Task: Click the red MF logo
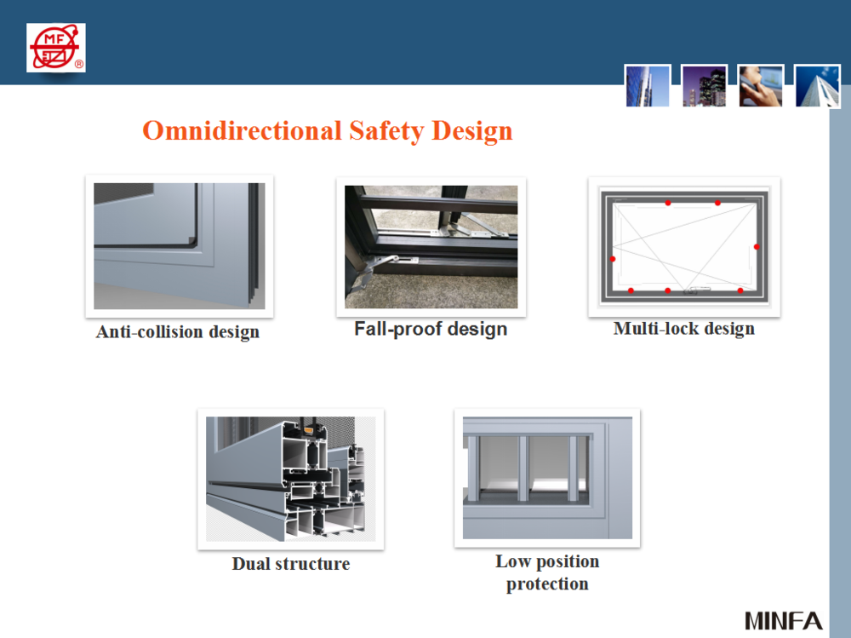pyautogui.click(x=56, y=48)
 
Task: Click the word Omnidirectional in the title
pyautogui.click(x=242, y=131)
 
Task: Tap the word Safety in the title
pyautogui.click(x=386, y=131)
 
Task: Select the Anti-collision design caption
pyautogui.click(x=178, y=332)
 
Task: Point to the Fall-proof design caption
pyautogui.click(x=431, y=330)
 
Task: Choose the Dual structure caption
pyautogui.click(x=291, y=564)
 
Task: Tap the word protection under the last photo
pyautogui.click(x=547, y=584)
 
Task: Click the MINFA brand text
pyautogui.click(x=783, y=621)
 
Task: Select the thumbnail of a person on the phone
pyautogui.click(x=760, y=86)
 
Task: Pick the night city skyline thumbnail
pyautogui.click(x=704, y=86)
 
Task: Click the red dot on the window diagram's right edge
pyautogui.click(x=757, y=247)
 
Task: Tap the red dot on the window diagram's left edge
pyautogui.click(x=613, y=259)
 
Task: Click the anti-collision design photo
pyautogui.click(x=179, y=246)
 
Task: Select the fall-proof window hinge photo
pyautogui.click(x=431, y=247)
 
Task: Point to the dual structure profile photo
pyautogui.click(x=291, y=479)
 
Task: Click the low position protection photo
pyautogui.click(x=547, y=478)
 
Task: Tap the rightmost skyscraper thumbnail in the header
pyautogui.click(x=817, y=86)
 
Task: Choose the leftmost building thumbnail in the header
pyautogui.click(x=648, y=86)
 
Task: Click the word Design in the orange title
pyautogui.click(x=471, y=131)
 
